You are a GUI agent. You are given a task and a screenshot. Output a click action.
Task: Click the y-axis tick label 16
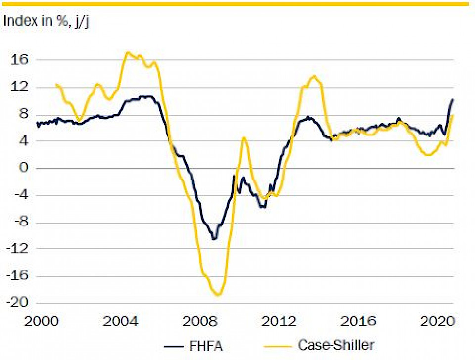click(20, 60)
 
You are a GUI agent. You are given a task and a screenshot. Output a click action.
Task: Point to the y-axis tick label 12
click(20, 87)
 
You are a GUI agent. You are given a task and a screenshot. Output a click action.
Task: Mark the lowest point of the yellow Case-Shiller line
click(218, 296)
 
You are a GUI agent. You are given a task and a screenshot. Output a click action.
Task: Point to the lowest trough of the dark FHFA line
click(214, 239)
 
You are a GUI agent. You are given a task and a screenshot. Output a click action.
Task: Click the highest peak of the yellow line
click(128, 52)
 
